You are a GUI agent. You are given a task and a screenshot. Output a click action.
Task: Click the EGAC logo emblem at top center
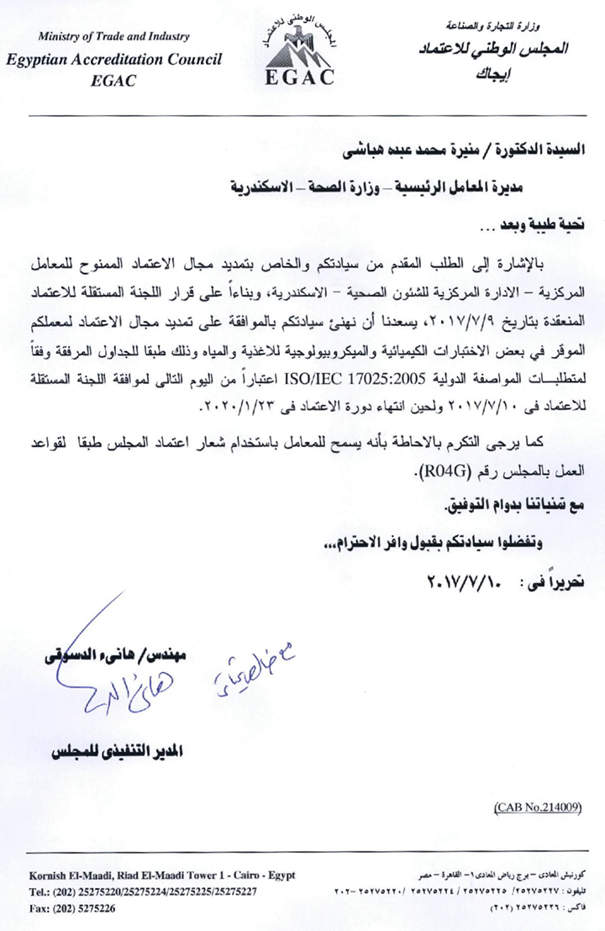300,50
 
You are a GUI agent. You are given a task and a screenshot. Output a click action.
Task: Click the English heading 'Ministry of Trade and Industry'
114,37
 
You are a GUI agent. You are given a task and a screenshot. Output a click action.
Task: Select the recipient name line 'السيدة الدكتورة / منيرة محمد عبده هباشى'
440,154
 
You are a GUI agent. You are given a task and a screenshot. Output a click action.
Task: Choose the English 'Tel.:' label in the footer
40,892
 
